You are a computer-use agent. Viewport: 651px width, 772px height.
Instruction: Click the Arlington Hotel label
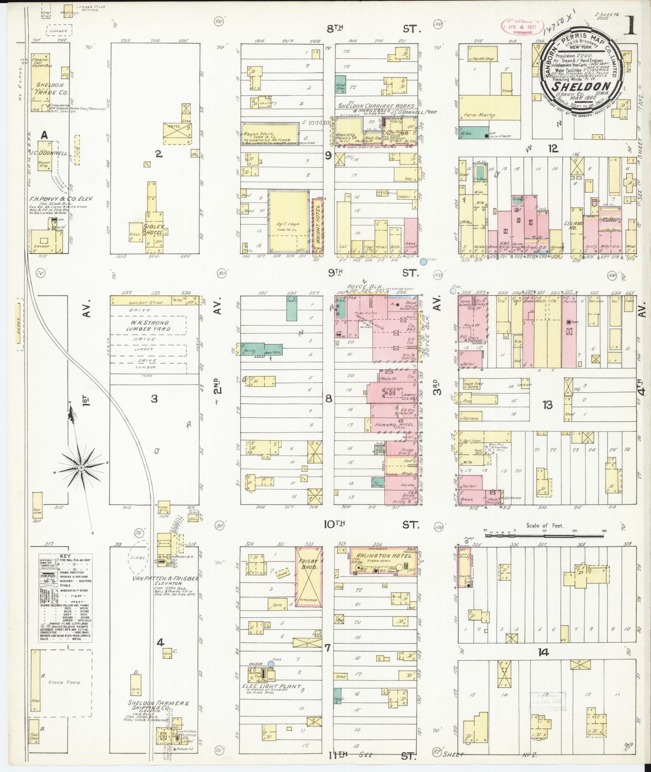coord(383,556)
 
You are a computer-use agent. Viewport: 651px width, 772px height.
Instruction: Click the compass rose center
coord(81,467)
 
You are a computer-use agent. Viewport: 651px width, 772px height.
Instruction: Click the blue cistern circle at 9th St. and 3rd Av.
coord(423,262)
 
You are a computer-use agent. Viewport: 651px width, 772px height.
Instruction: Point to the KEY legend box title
coord(65,555)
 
